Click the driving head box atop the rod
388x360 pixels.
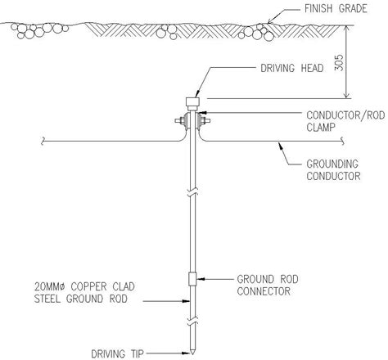[193, 102]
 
